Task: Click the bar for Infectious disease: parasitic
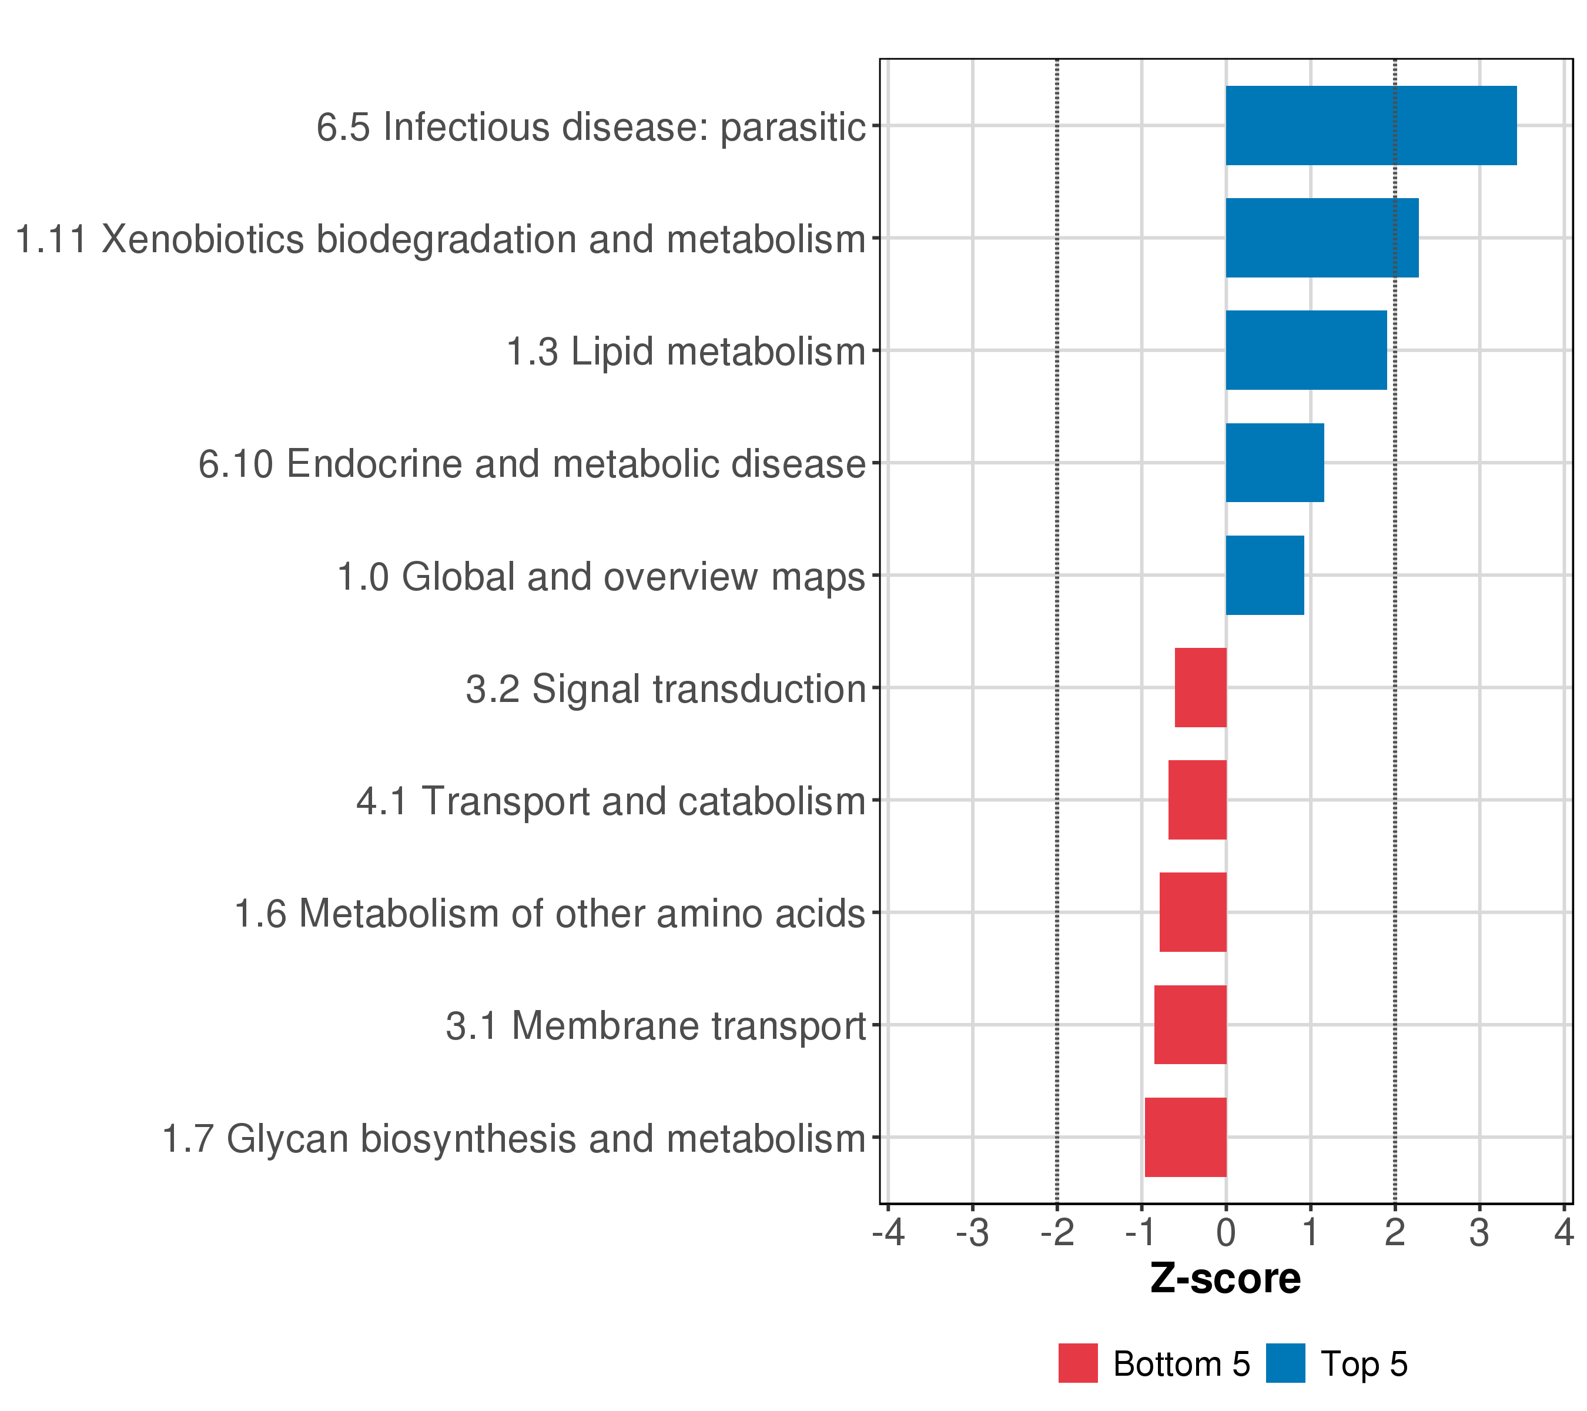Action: (1370, 126)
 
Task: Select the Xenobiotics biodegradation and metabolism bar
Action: (1321, 238)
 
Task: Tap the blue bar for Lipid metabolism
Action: (1306, 350)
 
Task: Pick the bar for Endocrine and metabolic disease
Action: (1274, 463)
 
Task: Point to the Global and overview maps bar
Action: (1264, 576)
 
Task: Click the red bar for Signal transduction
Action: (1200, 687)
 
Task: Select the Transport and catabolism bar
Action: (1197, 800)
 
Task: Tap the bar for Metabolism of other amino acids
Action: (1193, 912)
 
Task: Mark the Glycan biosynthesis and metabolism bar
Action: (1186, 1138)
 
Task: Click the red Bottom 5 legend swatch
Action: (1077, 1363)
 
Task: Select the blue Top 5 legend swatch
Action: (1285, 1363)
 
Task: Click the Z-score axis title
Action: (1225, 1279)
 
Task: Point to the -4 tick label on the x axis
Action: (888, 1232)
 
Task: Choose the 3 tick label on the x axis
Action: (1479, 1232)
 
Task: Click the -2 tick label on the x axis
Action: (1057, 1232)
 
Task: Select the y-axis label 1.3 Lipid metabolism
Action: (685, 352)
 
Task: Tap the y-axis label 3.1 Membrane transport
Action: (655, 1026)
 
